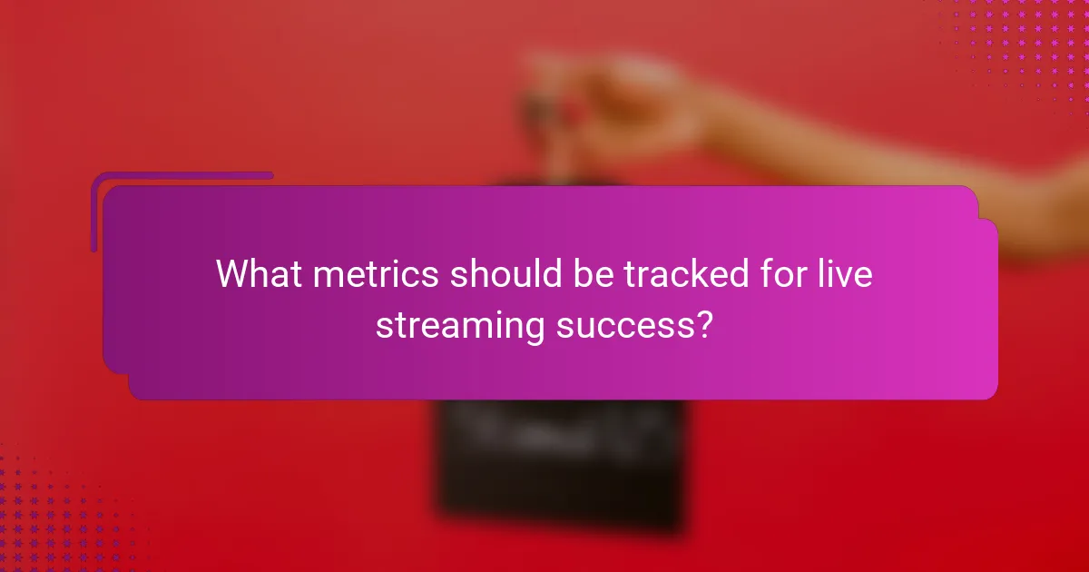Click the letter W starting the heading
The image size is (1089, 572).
[x=232, y=274]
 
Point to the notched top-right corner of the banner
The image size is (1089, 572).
[x=978, y=202]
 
